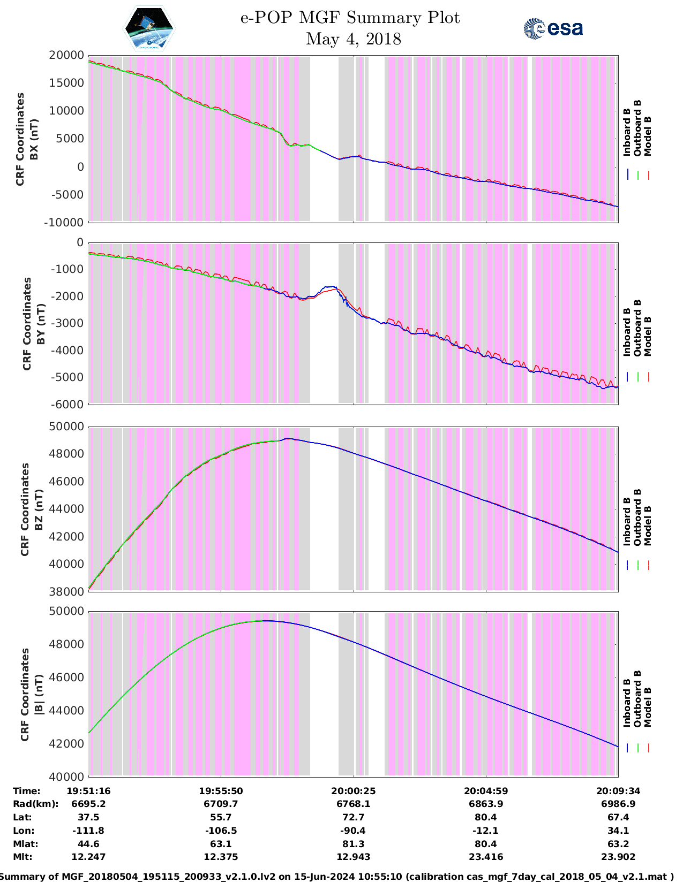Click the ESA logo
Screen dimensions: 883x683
pyautogui.click(x=553, y=28)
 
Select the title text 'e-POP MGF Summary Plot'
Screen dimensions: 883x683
pyautogui.click(x=350, y=18)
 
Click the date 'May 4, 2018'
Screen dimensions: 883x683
pyautogui.click(x=353, y=39)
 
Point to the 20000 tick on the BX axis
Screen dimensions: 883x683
pyautogui.click(x=66, y=55)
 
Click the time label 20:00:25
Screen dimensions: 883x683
pyautogui.click(x=353, y=791)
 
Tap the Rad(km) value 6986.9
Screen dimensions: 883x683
pyautogui.click(x=618, y=804)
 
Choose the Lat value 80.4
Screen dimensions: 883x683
pyautogui.click(x=486, y=817)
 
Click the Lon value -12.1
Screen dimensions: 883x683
pyautogui.click(x=486, y=831)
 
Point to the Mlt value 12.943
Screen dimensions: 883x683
pyautogui.click(x=353, y=857)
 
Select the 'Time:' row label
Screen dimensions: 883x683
pyautogui.click(x=27, y=791)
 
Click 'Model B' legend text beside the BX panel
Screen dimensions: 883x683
pyautogui.click(x=648, y=136)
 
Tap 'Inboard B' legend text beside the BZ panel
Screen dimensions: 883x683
pyautogui.click(x=627, y=521)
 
